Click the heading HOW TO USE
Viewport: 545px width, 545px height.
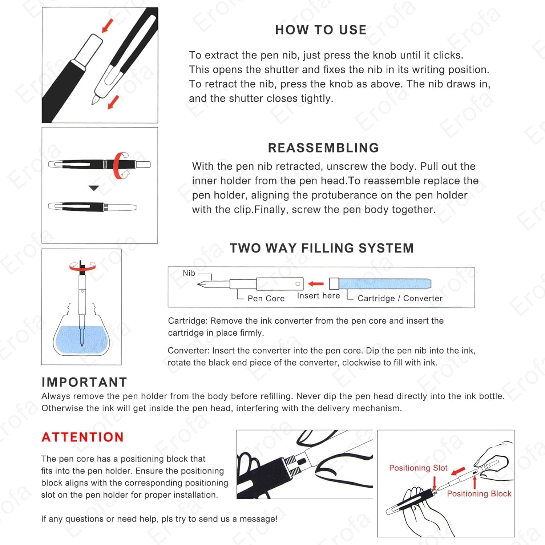click(x=321, y=30)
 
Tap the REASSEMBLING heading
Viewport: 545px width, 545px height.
click(x=323, y=148)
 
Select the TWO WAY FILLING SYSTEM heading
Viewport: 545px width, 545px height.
click(x=322, y=248)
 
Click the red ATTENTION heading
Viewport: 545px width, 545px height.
click(x=83, y=437)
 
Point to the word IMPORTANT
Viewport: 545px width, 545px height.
click(x=84, y=382)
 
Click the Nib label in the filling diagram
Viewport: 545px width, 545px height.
click(x=189, y=273)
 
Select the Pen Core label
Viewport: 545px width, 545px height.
click(x=266, y=298)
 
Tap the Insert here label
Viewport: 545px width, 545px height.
click(x=318, y=296)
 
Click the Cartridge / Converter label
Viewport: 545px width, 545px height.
click(x=400, y=298)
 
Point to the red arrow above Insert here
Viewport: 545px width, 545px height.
click(x=316, y=283)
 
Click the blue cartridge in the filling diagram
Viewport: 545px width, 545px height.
click(x=385, y=283)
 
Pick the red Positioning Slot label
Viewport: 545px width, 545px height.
click(x=418, y=468)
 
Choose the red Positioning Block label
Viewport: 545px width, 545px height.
click(x=479, y=494)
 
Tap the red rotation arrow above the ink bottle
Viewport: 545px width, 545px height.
click(x=82, y=266)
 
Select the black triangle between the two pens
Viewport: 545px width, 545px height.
click(x=94, y=188)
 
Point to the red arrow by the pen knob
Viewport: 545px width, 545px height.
click(x=107, y=25)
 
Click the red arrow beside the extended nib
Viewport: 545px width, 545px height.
click(x=114, y=102)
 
